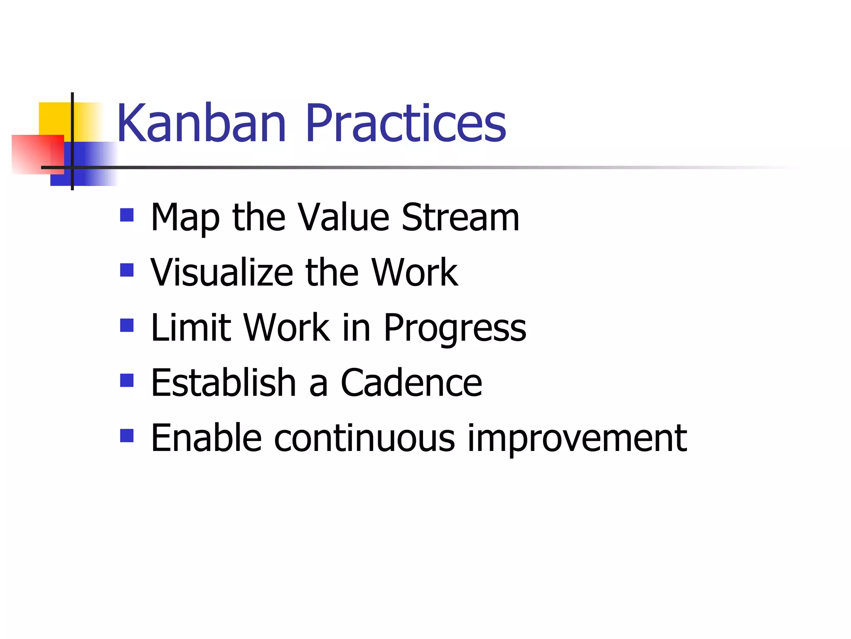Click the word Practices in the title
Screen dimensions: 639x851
406,124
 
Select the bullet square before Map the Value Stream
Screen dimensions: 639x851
127,215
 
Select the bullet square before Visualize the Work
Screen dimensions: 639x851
127,270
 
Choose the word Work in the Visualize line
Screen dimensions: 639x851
414,272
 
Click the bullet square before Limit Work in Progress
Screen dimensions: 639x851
127,325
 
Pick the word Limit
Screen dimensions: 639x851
190,328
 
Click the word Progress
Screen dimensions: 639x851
455,329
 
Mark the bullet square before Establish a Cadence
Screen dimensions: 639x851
127,380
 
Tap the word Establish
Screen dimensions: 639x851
223,383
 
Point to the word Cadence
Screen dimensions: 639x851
411,383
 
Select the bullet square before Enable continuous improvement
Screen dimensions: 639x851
127,436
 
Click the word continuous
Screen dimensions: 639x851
364,438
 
